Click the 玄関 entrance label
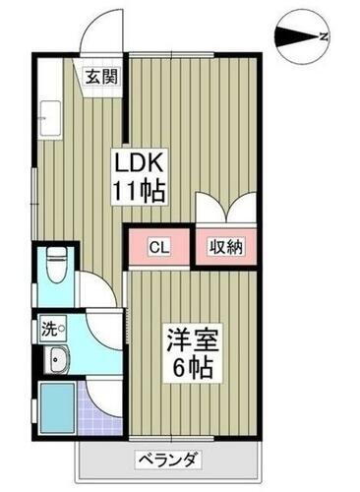96,76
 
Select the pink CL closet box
158,247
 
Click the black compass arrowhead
295,37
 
